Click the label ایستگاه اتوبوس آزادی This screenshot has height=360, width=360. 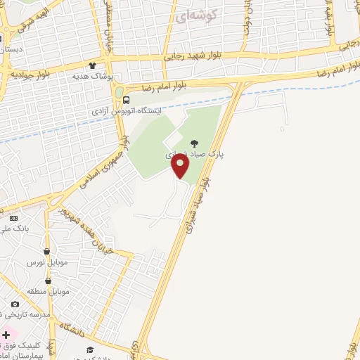pyautogui.click(x=127, y=111)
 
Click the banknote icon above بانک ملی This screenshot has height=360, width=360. pyautogui.click(x=13, y=219)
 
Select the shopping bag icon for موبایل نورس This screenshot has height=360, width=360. pyautogui.click(x=46, y=251)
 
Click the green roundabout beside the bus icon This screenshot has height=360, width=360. pyautogui.click(x=118, y=92)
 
